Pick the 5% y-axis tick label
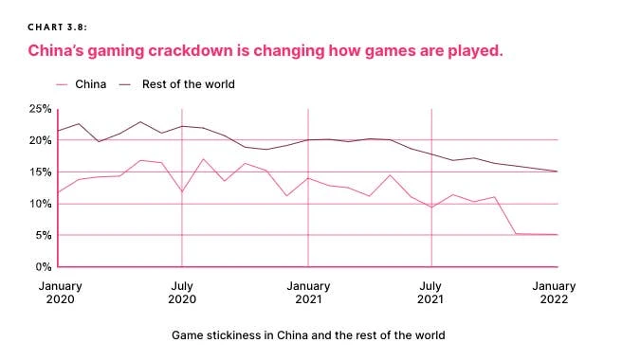41,235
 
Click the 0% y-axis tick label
41,266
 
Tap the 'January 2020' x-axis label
59,291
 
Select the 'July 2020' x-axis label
181,291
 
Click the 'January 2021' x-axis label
308,291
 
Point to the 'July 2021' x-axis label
431,291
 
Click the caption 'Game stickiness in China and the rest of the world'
308,334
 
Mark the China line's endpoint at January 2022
557,235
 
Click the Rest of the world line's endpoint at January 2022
557,171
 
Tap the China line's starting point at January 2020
58,192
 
